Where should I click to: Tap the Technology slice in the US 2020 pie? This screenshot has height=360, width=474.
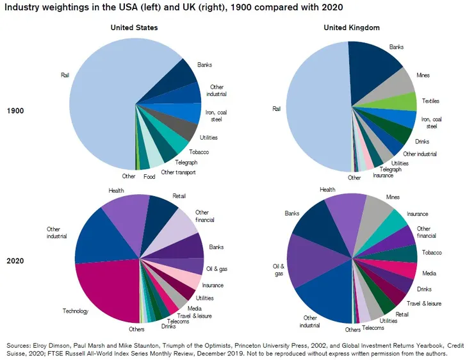click(106, 291)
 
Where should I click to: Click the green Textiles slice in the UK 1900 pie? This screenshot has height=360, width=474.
click(404, 102)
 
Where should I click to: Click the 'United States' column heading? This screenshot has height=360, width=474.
click(134, 28)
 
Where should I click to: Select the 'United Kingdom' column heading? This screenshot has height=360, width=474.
click(352, 28)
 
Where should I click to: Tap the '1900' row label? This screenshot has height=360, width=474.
click(15, 111)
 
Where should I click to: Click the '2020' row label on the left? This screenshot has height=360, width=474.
click(15, 261)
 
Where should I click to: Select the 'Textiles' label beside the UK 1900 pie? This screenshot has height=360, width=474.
click(430, 101)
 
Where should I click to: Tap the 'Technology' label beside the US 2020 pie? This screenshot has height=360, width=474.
click(75, 311)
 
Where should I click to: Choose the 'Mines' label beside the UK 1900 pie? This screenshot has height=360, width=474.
click(423, 75)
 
